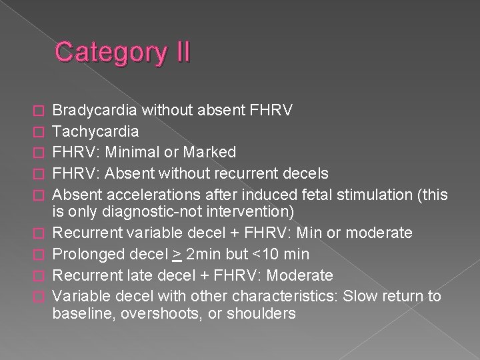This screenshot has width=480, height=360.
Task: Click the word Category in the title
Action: tap(111, 51)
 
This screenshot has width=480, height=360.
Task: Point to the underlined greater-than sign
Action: tap(177, 254)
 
